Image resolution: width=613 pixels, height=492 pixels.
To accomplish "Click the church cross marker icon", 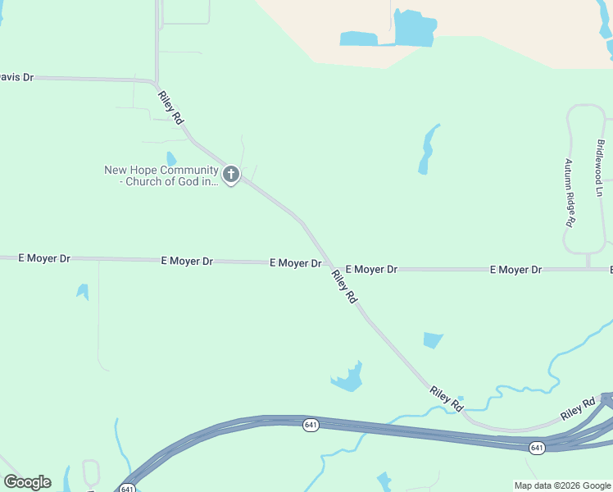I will (231, 175).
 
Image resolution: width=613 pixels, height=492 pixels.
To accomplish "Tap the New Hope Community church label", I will (161, 175).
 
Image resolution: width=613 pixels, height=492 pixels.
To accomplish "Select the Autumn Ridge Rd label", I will (568, 193).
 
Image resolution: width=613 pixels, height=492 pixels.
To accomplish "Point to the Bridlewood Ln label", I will (600, 168).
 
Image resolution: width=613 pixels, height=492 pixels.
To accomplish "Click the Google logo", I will (27, 482).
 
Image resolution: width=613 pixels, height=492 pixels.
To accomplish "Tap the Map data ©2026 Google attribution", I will (562, 485).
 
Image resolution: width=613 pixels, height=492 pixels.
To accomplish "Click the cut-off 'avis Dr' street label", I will (16, 77).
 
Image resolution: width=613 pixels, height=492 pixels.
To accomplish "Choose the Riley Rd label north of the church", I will (170, 107).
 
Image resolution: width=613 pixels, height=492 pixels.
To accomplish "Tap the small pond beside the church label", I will (171, 158).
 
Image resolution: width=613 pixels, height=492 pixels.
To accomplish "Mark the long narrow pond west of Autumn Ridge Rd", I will (427, 149).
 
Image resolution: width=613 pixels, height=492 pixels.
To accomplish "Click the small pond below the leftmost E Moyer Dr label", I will (83, 291).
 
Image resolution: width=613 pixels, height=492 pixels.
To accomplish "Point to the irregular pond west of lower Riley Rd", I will (348, 377).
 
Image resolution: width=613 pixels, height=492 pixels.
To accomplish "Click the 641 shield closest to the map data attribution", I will (537, 448).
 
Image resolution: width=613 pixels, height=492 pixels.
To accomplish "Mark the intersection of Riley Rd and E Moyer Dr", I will (329, 266).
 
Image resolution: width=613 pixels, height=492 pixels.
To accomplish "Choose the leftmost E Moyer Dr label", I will (44, 258).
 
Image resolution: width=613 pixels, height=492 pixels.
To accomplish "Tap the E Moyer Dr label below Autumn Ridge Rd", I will (515, 270).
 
